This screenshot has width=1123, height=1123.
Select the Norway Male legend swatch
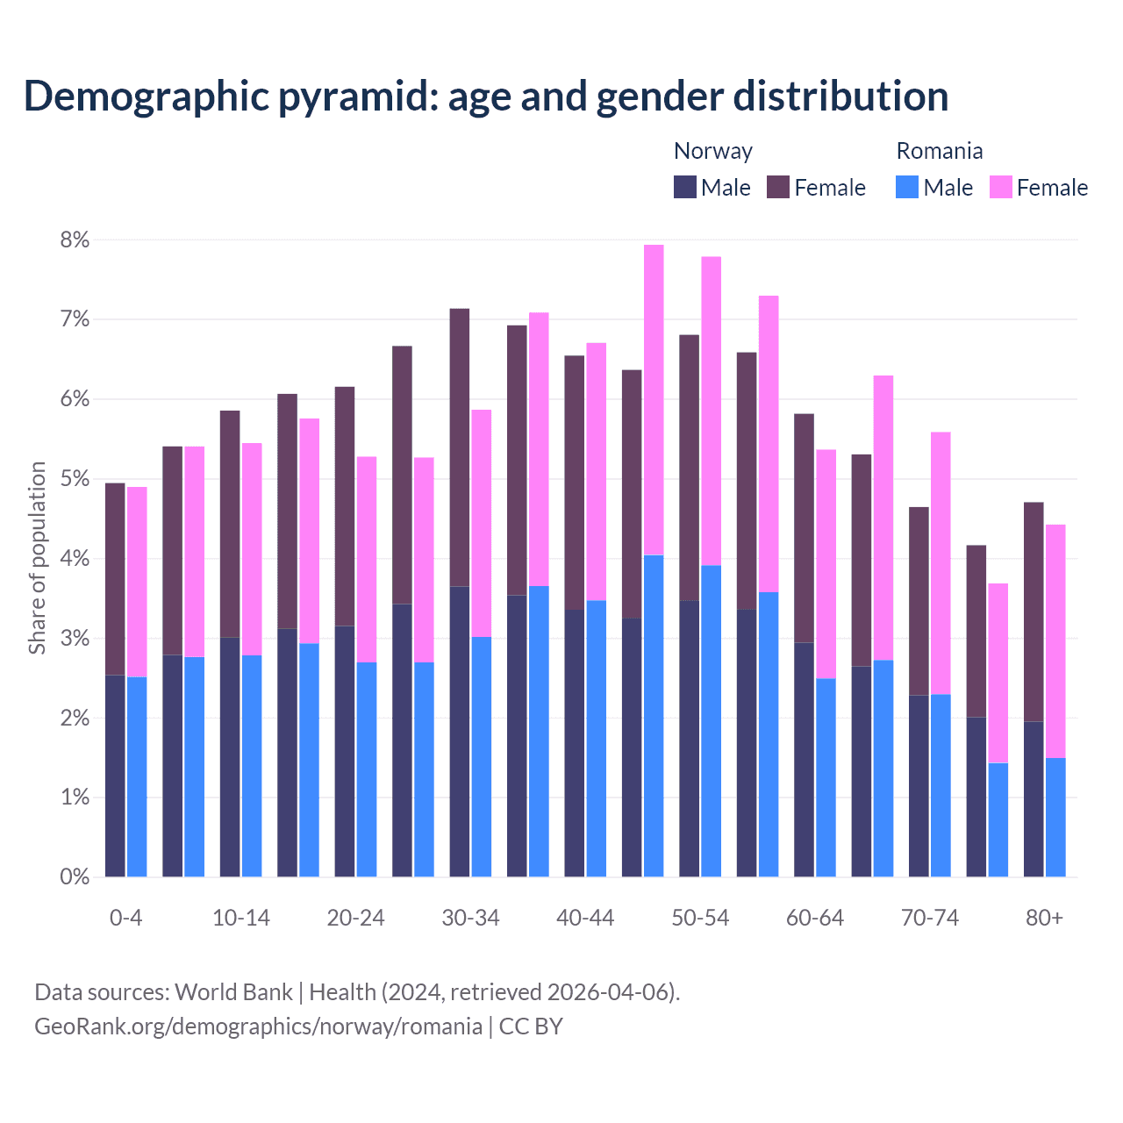(684, 187)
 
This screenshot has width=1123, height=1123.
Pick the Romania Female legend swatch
(1000, 187)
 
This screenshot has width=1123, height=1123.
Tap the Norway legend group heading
(712, 151)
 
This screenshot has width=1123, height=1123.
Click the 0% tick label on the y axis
(75, 876)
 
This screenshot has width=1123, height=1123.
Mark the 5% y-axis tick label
(75, 479)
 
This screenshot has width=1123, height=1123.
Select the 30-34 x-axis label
(470, 918)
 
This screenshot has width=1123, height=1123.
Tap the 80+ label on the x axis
(1044, 918)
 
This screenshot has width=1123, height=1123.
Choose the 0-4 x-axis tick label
(125, 918)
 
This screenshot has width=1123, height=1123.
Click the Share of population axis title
(37, 558)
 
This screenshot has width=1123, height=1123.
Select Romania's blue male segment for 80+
(1055, 817)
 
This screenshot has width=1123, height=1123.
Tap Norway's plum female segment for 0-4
(115, 579)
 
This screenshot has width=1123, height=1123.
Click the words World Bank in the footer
(233, 992)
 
